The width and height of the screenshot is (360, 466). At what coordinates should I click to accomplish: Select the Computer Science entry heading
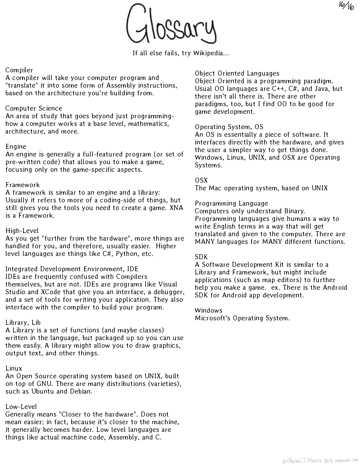[x=34, y=108]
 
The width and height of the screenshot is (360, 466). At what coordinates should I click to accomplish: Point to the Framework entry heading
[x=23, y=185]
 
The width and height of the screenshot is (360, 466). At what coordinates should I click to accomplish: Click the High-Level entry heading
[x=22, y=231]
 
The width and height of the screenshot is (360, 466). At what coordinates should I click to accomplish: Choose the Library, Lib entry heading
[x=23, y=322]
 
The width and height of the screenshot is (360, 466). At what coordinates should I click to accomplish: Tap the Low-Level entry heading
[x=21, y=407]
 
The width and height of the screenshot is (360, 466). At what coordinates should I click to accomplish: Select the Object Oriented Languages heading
[x=237, y=73]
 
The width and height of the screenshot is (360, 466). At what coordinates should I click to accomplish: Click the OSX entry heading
[x=201, y=180]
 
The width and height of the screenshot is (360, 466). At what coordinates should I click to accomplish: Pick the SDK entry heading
[x=201, y=257]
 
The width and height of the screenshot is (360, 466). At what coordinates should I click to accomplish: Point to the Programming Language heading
[x=231, y=203]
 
